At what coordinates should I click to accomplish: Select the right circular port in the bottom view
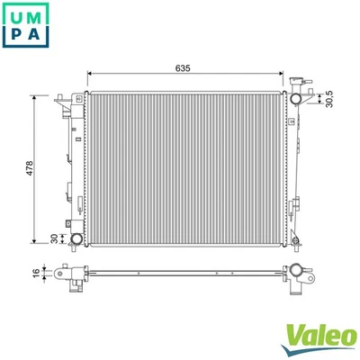tap(293, 271)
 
